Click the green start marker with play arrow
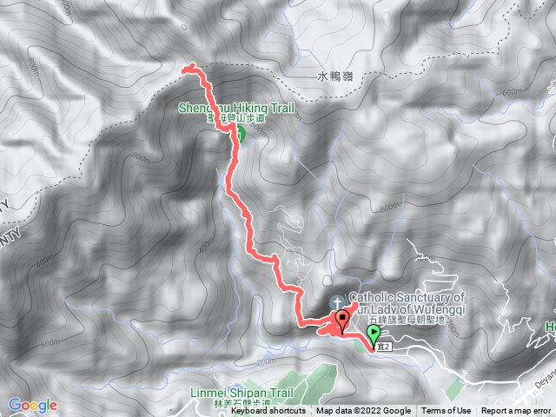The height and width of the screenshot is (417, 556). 374,334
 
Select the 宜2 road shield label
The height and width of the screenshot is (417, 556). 378,347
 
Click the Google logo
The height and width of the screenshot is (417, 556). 32,405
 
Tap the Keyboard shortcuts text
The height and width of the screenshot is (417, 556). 268,411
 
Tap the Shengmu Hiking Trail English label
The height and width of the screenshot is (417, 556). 236,109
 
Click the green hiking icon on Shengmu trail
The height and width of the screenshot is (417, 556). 238,134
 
